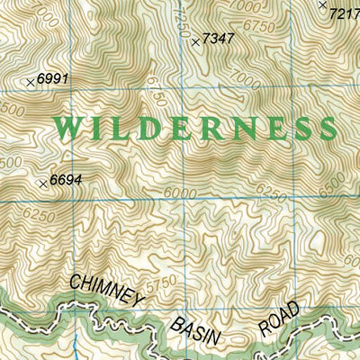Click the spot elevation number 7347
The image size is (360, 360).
[x=219, y=38]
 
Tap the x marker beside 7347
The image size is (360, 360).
[x=196, y=41]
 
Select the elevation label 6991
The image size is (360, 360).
[x=53, y=79]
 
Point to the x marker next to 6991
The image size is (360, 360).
[x=31, y=82]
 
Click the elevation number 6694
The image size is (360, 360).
[x=67, y=180]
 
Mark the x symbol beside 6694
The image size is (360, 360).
[x=43, y=184]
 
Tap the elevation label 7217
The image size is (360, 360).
[x=345, y=13]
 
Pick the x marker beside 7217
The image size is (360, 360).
[x=322, y=4]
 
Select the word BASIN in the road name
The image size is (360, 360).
[x=206, y=332]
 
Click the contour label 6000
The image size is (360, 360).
[x=180, y=192]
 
